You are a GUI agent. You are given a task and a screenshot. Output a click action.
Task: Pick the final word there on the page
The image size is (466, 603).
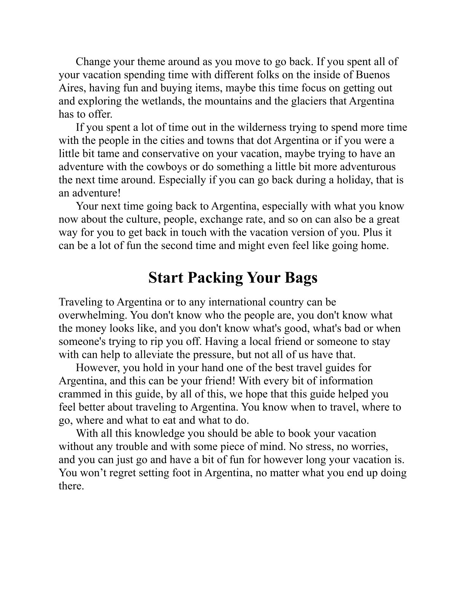coord(71,486)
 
